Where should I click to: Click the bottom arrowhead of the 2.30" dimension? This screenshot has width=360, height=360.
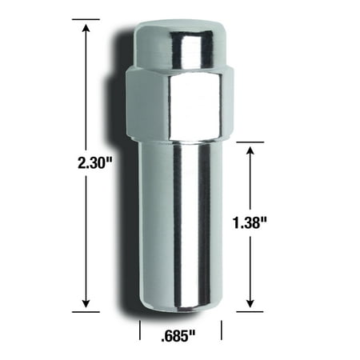86,305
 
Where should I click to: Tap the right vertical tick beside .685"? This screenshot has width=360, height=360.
222,330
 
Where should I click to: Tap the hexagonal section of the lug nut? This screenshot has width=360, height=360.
180,100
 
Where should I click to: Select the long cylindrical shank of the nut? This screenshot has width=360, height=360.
181,216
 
